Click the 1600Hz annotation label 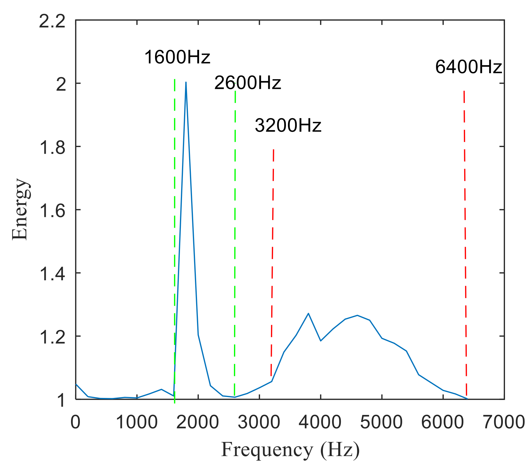pyautogui.click(x=177, y=57)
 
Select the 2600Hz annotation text pyautogui.click(x=248, y=83)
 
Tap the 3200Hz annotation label pyautogui.click(x=288, y=125)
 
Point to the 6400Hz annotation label pyautogui.click(x=468, y=67)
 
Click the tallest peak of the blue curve pyautogui.click(x=186, y=82)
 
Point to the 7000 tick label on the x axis pyautogui.click(x=504, y=423)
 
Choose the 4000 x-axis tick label pyautogui.click(x=320, y=423)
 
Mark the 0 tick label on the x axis pyautogui.click(x=76, y=423)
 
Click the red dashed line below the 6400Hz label pyautogui.click(x=465, y=235)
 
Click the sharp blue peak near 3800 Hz pyautogui.click(x=308, y=313)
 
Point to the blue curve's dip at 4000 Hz pyautogui.click(x=321, y=341)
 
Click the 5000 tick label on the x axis pyautogui.click(x=381, y=423)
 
